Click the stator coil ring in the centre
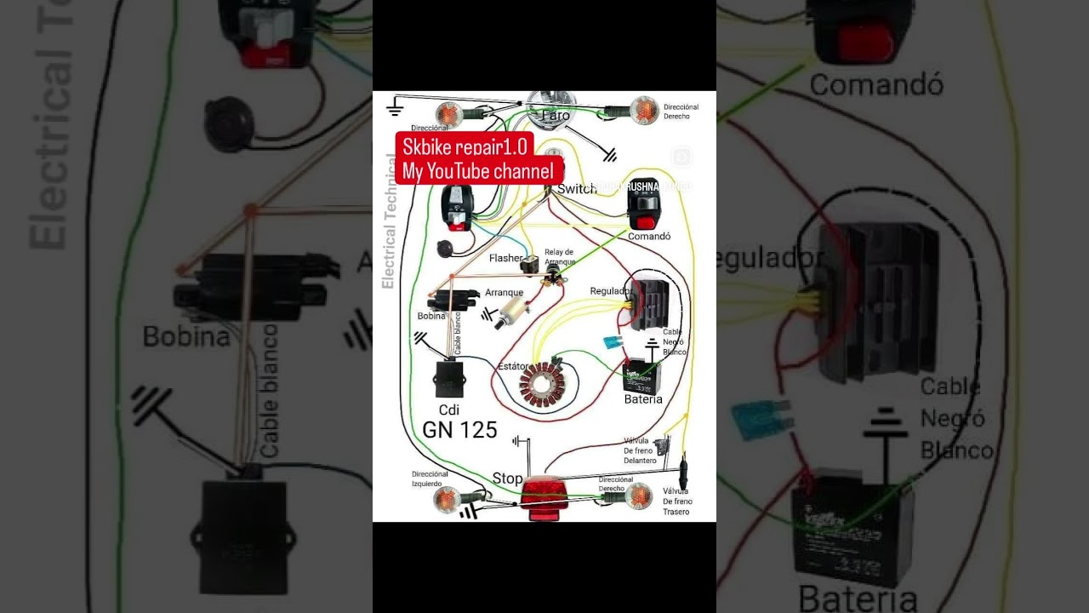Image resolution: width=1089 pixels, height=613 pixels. click(543, 386)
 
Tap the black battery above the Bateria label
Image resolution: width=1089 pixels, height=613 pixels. click(642, 375)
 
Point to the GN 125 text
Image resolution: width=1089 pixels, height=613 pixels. click(459, 430)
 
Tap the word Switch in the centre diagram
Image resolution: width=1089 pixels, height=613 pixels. click(577, 189)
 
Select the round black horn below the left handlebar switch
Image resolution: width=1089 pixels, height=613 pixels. click(443, 249)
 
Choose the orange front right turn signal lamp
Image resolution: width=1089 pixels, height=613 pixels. click(644, 111)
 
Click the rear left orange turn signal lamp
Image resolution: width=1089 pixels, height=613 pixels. click(448, 498)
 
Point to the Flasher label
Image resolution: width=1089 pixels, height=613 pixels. click(505, 258)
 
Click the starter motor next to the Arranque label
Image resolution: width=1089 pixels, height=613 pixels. click(515, 307)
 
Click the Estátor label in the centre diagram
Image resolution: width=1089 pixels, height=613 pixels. click(513, 366)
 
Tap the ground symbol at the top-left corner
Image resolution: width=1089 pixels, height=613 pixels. click(394, 107)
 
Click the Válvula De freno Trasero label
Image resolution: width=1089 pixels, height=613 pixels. click(676, 501)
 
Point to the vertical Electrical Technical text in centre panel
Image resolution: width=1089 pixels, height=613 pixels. click(388, 221)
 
